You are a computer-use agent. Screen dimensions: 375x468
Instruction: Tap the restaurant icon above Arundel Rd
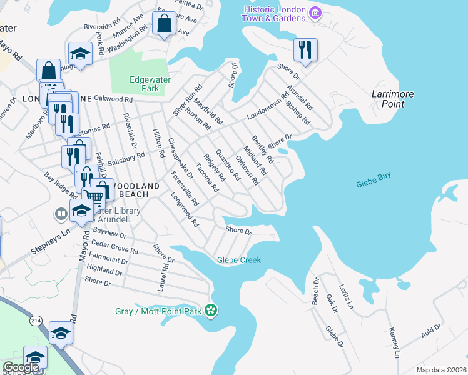[305, 50]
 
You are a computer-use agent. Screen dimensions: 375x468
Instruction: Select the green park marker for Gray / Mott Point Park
[211, 310]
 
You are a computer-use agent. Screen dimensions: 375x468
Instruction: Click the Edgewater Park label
[145, 84]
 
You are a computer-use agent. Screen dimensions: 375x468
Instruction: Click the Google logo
[21, 367]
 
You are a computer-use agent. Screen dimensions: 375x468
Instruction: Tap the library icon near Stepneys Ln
[61, 214]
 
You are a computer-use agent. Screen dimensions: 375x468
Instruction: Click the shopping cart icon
[94, 197]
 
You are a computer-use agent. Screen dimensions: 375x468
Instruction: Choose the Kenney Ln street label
[394, 342]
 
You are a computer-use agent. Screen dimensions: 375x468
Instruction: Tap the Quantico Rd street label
[228, 164]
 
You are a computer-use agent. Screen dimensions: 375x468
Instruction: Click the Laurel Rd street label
[165, 275]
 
